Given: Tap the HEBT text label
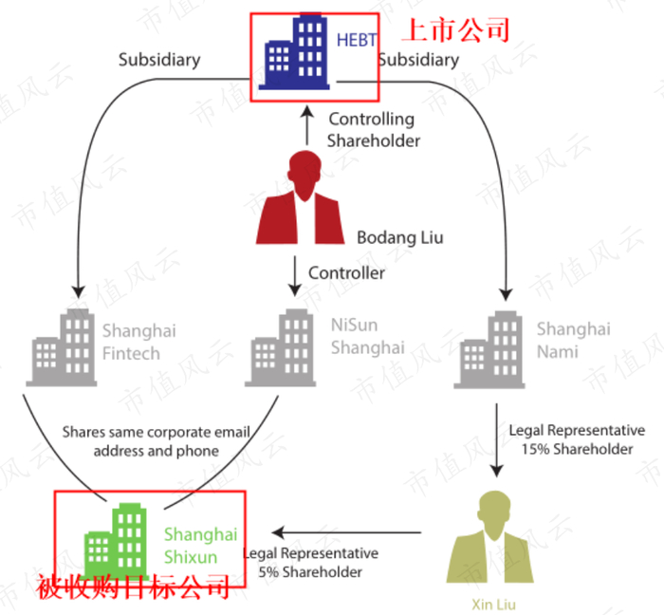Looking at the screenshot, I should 357,40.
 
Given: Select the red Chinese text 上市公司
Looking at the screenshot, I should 455,29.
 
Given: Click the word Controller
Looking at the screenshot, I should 347,273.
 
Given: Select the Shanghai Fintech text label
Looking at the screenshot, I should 138,343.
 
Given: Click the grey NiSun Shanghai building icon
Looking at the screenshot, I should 282,347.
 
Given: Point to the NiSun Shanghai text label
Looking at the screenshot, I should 367,336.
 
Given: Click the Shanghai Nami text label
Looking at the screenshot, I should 573,341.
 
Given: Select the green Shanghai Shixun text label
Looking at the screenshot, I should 200,546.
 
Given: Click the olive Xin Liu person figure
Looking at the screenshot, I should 490,538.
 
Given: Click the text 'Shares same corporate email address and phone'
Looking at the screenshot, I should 157,441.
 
